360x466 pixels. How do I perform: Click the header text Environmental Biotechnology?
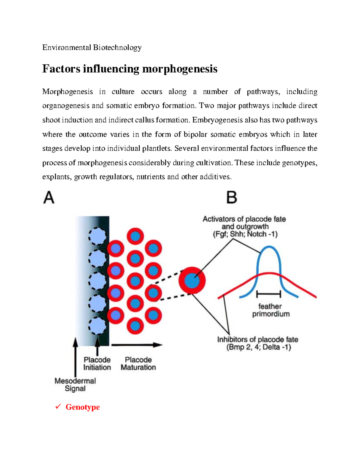point(92,48)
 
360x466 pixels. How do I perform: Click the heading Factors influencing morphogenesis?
point(130,69)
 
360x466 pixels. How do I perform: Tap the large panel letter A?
point(49,198)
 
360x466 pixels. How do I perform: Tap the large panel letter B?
point(231,198)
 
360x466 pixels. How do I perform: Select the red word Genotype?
point(82,407)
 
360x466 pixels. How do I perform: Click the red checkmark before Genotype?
point(58,407)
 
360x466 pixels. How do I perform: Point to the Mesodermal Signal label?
point(75,385)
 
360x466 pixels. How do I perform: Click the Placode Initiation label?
point(97,363)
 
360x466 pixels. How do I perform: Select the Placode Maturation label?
point(138,363)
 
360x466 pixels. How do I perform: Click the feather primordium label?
point(271,310)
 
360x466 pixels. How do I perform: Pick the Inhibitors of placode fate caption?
point(258,343)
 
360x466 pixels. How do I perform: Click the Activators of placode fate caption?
point(244,227)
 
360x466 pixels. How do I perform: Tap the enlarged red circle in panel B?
point(192,281)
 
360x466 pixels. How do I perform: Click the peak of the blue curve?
point(269,247)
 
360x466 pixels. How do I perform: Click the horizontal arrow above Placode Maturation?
point(136,345)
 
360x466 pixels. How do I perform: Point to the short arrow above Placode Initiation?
point(97,347)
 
